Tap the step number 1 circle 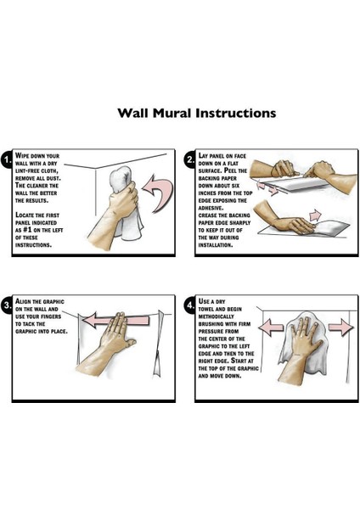[x=6, y=159]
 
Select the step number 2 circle [x=189, y=159]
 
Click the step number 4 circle [x=189, y=305]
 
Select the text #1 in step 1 [x=28, y=230]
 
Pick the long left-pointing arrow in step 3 [x=116, y=320]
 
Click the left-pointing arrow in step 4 [x=272, y=327]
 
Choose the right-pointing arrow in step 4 [x=340, y=327]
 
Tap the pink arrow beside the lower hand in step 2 [x=315, y=215]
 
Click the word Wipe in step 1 [x=23, y=155]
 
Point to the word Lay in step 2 [x=203, y=155]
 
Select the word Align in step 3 [x=23, y=301]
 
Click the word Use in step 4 [x=204, y=301]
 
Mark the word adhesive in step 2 [x=211, y=208]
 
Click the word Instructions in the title [x=236, y=113]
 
